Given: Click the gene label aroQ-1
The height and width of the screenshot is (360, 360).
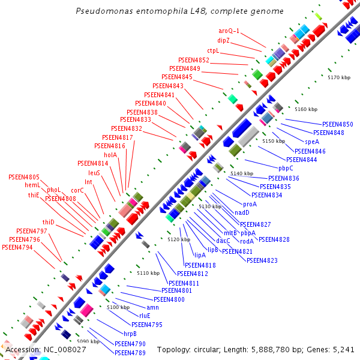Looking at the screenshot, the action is [x=229, y=31].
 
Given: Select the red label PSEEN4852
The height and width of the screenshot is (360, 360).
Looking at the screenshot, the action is [x=194, y=60].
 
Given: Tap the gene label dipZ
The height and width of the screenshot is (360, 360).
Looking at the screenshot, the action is [x=224, y=40].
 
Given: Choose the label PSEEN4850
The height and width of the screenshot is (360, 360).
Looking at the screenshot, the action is [x=338, y=124].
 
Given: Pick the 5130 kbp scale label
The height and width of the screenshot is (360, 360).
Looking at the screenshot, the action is [x=210, y=206].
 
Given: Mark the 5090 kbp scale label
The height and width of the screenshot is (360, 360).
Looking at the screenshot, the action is [x=88, y=341].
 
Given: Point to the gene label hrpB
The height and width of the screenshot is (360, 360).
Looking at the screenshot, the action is [x=130, y=334].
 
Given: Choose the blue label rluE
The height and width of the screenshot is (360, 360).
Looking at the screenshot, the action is [x=145, y=316].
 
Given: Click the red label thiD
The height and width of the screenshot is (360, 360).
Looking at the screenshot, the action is [x=48, y=222].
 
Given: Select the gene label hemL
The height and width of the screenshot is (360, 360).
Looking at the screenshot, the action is [x=32, y=185].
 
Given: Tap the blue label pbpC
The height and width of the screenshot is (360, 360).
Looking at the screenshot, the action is [x=286, y=168].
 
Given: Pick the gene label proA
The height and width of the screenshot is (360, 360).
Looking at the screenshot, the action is [x=250, y=204].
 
